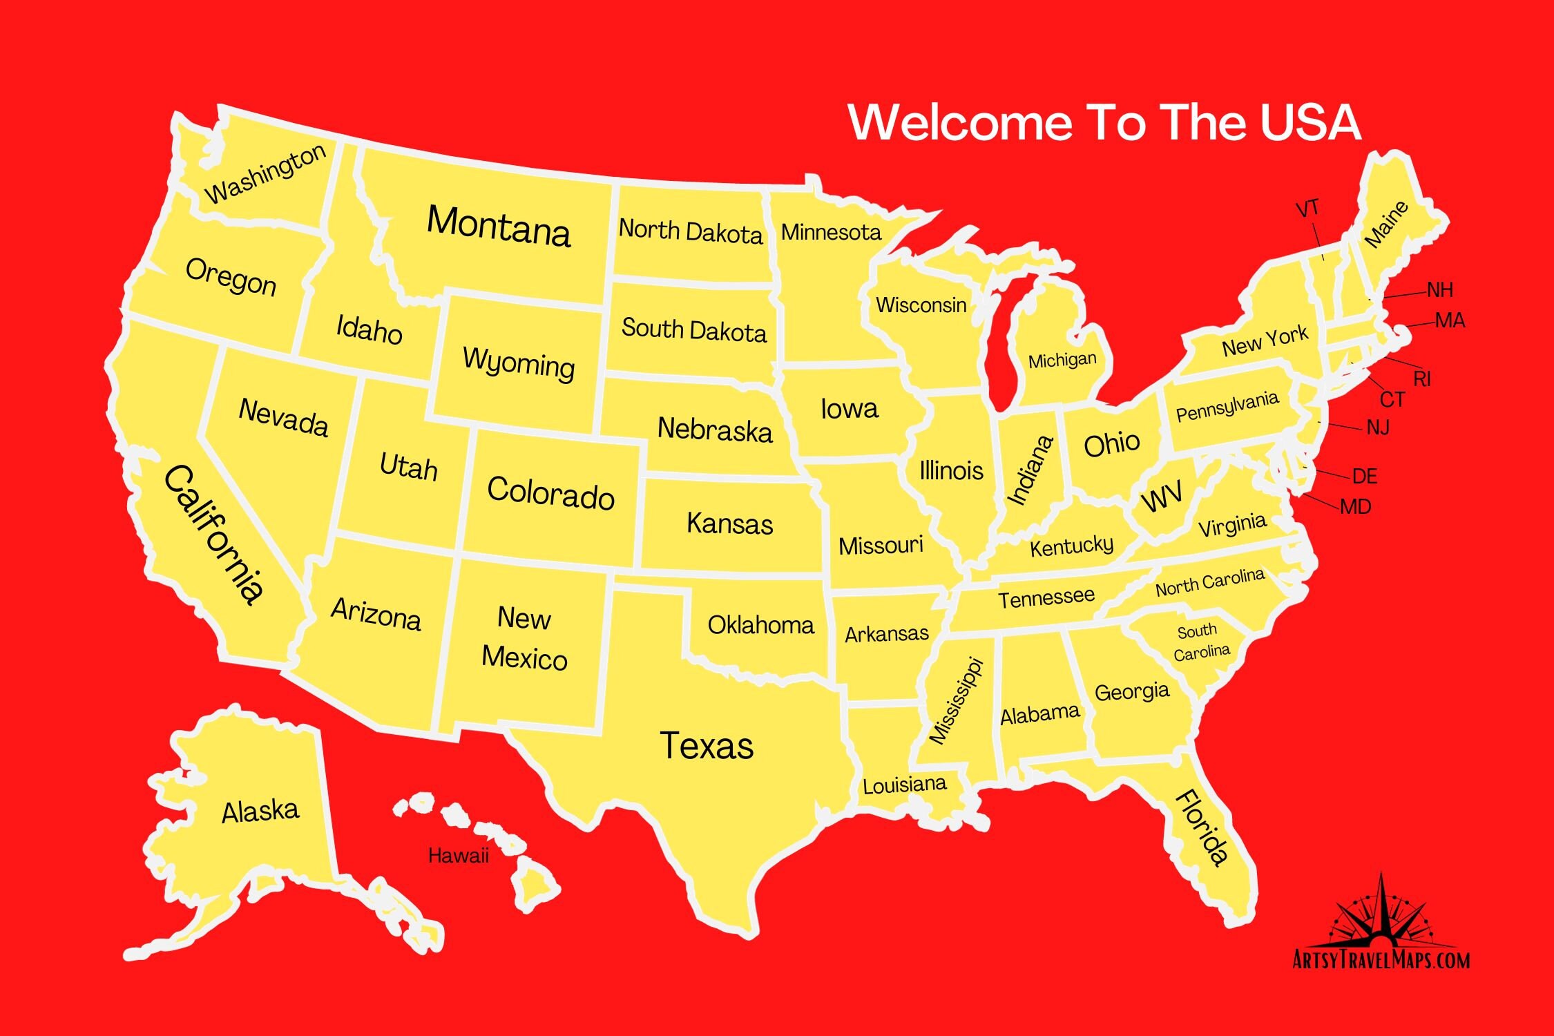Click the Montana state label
pos(499,226)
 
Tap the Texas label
pos(707,746)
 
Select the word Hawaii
pos(458,856)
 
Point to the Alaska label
pos(260,811)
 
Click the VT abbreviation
pos(1307,209)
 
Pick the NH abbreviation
pos(1440,289)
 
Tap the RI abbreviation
pos(1422,378)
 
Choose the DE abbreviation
pos(1365,476)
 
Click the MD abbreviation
pos(1355,507)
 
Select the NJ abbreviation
pos(1378,428)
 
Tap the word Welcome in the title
pos(960,122)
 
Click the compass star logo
pos(1381,912)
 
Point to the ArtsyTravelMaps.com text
pos(1381,960)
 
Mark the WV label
pos(1162,497)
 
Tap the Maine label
pos(1385,224)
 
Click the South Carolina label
pos(1201,642)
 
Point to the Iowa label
pos(850,409)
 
